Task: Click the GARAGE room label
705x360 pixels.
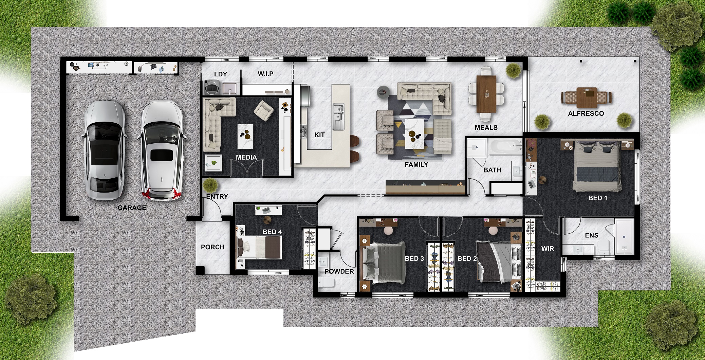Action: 132,208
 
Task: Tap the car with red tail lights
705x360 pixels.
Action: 162,151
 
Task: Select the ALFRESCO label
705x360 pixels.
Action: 586,113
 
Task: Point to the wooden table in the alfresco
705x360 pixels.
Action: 587,97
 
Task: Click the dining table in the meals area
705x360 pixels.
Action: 486,94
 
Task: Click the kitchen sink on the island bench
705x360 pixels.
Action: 338,116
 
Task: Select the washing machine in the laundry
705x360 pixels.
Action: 213,87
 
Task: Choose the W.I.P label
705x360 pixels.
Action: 265,74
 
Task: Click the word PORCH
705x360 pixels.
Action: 212,247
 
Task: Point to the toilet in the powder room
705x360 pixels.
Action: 326,282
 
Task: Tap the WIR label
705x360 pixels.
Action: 548,249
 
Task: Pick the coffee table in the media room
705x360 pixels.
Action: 245,137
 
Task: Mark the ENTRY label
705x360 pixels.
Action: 217,196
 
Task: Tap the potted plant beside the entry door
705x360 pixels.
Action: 210,185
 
